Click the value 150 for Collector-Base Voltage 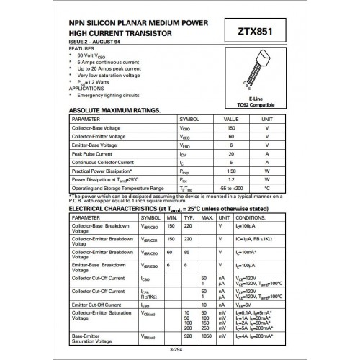coord(231,127)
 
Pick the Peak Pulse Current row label coord(94,154)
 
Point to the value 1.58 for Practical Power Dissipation coord(231,171)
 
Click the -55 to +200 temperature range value coord(231,188)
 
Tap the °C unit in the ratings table coord(267,188)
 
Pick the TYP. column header coord(189,217)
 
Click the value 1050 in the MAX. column coord(207,335)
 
